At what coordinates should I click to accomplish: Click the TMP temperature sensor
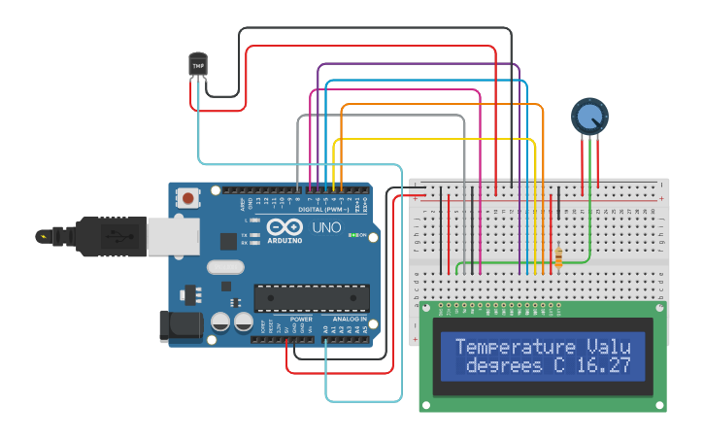click(198, 64)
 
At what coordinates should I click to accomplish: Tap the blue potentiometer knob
click(588, 117)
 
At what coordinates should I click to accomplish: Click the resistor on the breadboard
click(558, 258)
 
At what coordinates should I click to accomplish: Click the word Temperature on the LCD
click(516, 347)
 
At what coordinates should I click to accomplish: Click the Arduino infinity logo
click(285, 228)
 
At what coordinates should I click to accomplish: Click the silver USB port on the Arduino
click(173, 235)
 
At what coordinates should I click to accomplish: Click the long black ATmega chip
click(311, 298)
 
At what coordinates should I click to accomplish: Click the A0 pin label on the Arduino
click(326, 329)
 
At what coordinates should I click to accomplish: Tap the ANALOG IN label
click(351, 320)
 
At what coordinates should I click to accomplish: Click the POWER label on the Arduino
click(301, 320)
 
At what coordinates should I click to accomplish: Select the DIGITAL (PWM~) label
click(322, 210)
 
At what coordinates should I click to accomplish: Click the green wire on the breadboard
click(524, 262)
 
